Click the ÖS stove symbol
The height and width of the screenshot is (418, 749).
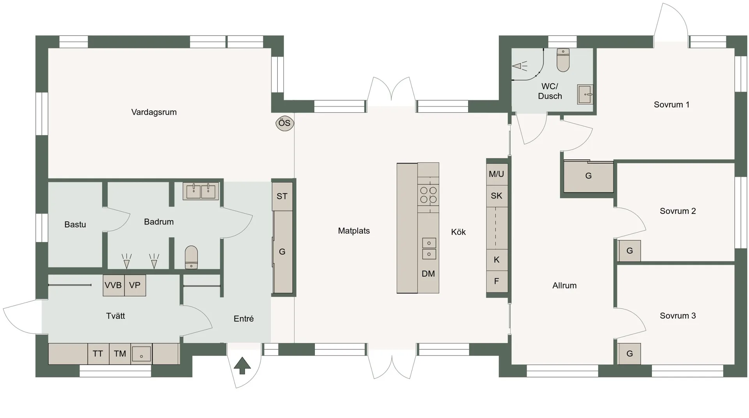point(285,123)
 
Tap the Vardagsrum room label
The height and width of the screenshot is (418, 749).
point(154,112)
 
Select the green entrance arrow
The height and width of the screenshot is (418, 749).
point(242,366)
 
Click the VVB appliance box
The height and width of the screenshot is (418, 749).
point(114,285)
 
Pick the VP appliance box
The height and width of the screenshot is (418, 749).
point(135,285)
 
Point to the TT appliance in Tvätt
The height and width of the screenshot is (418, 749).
point(98,354)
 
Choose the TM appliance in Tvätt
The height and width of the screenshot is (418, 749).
point(120,354)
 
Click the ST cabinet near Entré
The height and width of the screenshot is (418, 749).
point(282,196)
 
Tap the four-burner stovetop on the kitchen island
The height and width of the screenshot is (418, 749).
point(428,195)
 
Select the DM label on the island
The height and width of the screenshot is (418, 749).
point(428,274)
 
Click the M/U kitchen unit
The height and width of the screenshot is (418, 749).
point(497,174)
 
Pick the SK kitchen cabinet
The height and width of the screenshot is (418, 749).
point(497,196)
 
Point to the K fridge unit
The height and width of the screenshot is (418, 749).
point(497,260)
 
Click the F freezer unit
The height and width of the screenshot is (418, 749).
point(497,281)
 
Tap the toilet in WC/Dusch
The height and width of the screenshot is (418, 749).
point(563,60)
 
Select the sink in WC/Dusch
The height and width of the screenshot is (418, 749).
point(585,94)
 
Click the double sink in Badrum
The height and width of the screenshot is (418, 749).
point(201,191)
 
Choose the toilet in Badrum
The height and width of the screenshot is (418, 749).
point(191,257)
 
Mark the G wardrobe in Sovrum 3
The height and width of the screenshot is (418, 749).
point(629,354)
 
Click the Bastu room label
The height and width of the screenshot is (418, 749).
point(75,225)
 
